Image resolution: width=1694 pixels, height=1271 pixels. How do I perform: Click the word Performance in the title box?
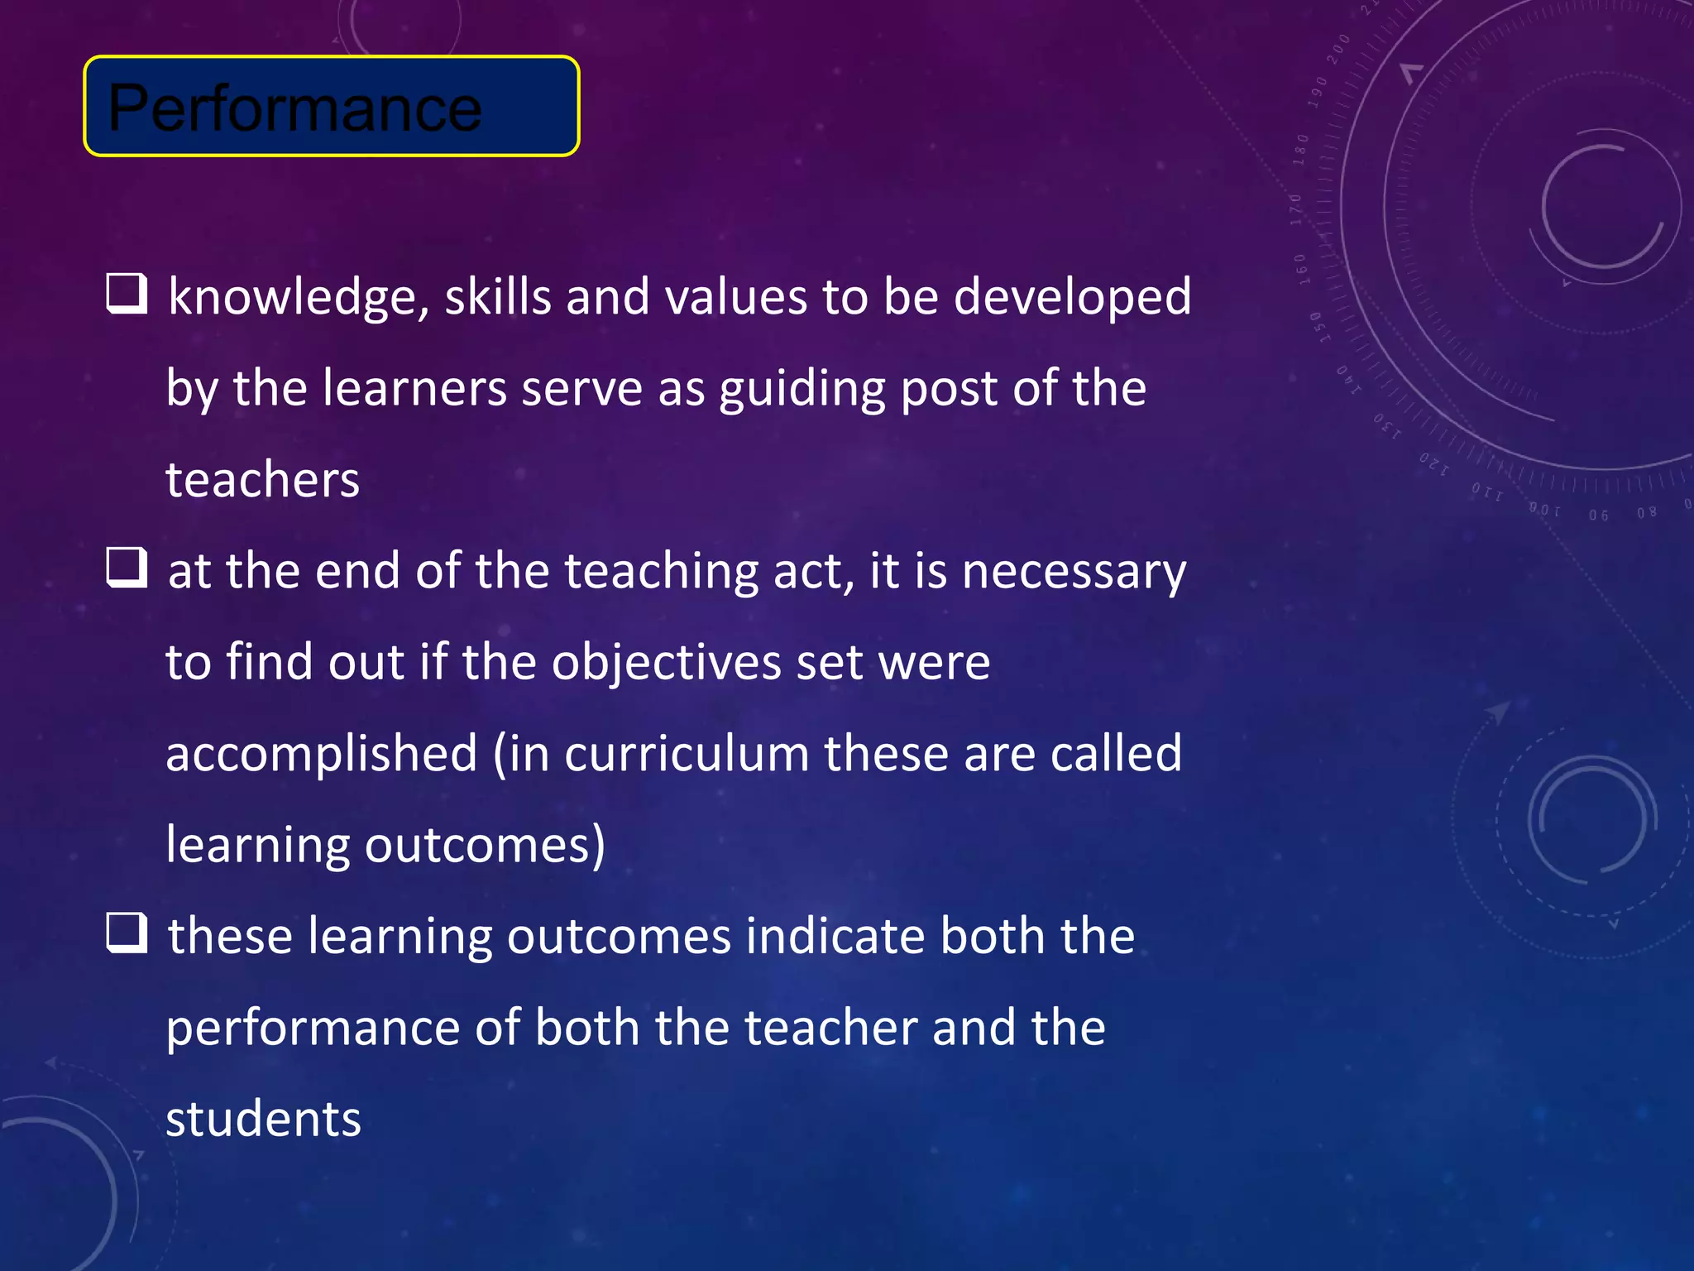click(294, 108)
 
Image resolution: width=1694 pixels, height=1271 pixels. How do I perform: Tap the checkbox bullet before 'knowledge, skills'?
click(127, 295)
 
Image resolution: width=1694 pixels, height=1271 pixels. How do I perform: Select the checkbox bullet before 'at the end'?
click(127, 568)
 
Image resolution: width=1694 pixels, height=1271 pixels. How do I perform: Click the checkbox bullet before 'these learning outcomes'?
click(127, 933)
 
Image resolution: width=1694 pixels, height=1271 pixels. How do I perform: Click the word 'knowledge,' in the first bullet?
click(299, 298)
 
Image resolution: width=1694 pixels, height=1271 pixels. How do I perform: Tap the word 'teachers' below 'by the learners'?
click(263, 480)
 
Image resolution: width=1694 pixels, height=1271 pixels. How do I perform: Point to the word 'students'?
click(263, 1120)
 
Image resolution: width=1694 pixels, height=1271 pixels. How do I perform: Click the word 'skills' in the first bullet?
click(498, 298)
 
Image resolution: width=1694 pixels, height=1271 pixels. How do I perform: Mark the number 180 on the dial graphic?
click(1301, 150)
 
